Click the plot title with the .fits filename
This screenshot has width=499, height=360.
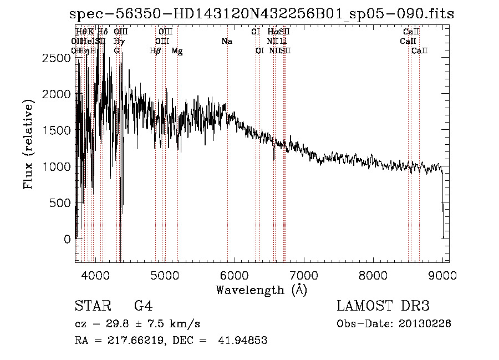(258, 14)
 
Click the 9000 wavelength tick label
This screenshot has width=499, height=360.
(442, 274)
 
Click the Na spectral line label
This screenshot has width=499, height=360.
(226, 41)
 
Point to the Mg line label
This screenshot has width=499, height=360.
(177, 51)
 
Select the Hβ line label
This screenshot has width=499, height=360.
(155, 51)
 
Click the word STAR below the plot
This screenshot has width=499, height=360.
(92, 306)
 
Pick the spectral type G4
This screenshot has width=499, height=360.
(143, 306)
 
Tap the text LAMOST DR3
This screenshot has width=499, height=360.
(383, 306)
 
